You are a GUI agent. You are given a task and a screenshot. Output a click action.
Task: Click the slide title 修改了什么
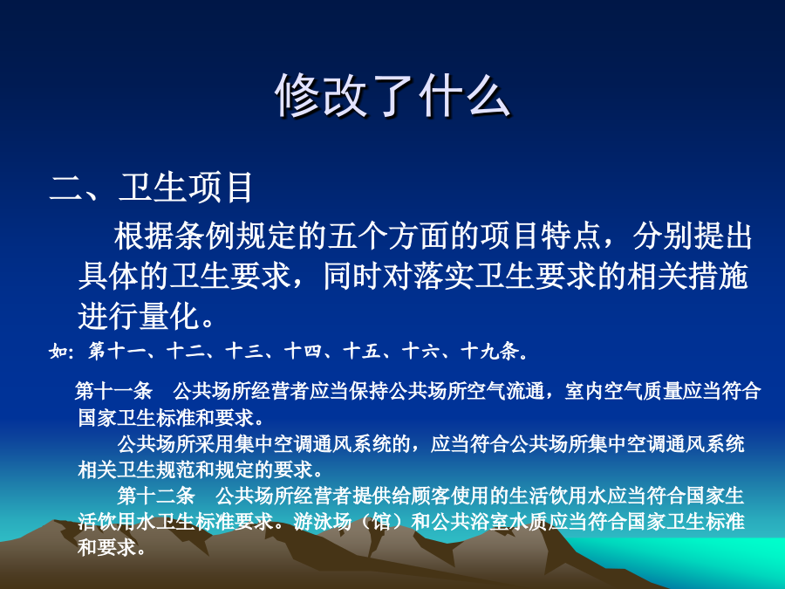coord(392,95)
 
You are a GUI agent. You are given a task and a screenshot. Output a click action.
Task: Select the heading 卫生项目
coord(186,188)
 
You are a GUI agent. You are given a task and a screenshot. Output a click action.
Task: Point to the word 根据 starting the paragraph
coord(144,236)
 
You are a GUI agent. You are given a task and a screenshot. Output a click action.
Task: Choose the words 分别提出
coord(693,236)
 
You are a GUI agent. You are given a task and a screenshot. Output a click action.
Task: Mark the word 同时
coord(352,276)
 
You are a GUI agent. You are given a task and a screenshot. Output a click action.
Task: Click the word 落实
coord(444,276)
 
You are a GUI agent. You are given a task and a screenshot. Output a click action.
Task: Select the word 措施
coord(718,276)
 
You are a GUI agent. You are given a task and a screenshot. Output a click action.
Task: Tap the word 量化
coord(170,316)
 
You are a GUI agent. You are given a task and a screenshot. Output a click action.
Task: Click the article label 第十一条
coord(113,391)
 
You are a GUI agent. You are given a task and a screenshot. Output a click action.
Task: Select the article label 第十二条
coord(156,496)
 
